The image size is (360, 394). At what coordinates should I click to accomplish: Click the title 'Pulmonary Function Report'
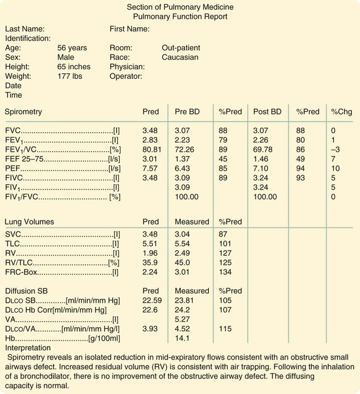coord(180,16)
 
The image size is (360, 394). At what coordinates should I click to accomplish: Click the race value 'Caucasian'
coord(180,57)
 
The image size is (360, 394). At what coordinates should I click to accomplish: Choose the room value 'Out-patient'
coord(181,47)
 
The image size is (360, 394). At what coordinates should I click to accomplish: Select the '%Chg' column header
coord(342,111)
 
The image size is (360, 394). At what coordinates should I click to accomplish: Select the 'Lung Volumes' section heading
coord(29,222)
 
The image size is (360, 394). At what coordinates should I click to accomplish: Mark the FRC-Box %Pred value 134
coord(225,272)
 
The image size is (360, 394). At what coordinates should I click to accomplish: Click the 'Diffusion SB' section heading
coord(28,290)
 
